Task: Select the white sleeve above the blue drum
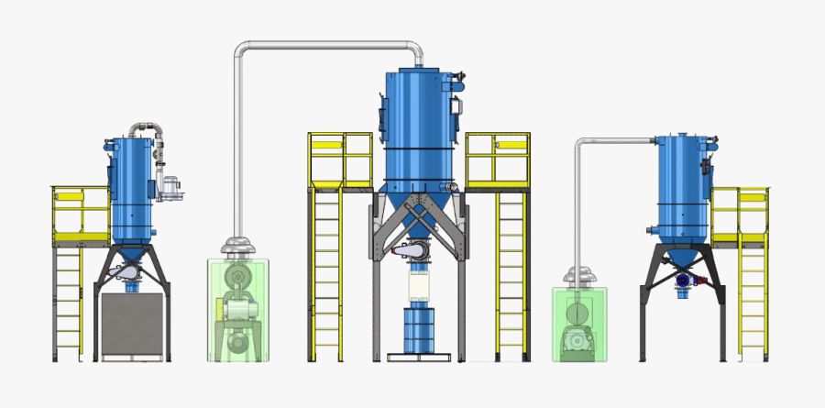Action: click(419, 286)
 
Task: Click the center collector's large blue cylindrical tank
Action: click(419, 119)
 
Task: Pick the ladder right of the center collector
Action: click(511, 275)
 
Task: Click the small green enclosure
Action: click(578, 322)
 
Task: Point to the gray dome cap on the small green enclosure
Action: click(577, 276)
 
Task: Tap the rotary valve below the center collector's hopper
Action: click(418, 251)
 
